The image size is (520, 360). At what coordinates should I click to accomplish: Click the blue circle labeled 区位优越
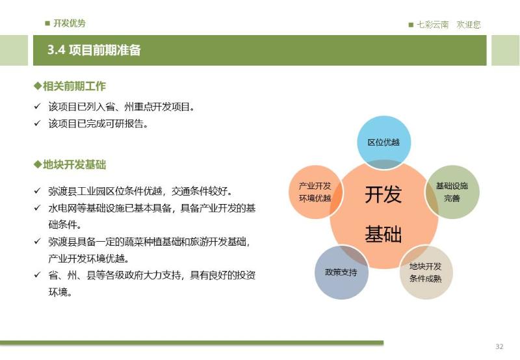click(x=383, y=142)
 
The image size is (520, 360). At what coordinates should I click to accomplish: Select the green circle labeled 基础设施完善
click(x=452, y=192)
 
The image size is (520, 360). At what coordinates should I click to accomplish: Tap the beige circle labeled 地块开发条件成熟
click(x=426, y=272)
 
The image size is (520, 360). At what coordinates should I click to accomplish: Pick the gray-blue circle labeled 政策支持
click(x=341, y=272)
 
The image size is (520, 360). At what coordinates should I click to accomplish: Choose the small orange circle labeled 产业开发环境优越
click(x=315, y=192)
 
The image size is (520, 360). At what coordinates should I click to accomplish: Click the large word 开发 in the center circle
click(x=383, y=194)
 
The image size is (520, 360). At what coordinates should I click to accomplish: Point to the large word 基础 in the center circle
click(x=383, y=234)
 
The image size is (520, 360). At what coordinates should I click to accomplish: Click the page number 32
click(x=499, y=346)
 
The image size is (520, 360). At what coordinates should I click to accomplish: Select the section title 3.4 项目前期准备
click(x=94, y=50)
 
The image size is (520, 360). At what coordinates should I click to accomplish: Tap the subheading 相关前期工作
click(x=74, y=86)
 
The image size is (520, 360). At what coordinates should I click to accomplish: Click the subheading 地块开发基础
click(x=74, y=164)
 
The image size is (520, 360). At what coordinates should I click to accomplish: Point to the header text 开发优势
click(x=70, y=23)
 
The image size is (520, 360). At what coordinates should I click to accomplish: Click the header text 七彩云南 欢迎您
click(x=448, y=25)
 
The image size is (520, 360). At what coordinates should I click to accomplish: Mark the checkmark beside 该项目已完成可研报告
click(x=37, y=123)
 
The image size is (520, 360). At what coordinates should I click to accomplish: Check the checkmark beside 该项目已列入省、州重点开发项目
click(x=37, y=107)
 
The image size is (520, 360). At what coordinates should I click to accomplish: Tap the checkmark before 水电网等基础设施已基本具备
click(x=37, y=208)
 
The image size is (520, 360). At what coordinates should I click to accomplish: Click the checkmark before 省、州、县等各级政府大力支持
click(x=37, y=275)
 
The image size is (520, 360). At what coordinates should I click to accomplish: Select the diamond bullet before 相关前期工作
click(x=38, y=86)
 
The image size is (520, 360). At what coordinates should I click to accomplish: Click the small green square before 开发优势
click(x=47, y=23)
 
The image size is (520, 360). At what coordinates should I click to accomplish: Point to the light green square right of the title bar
click(x=506, y=51)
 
